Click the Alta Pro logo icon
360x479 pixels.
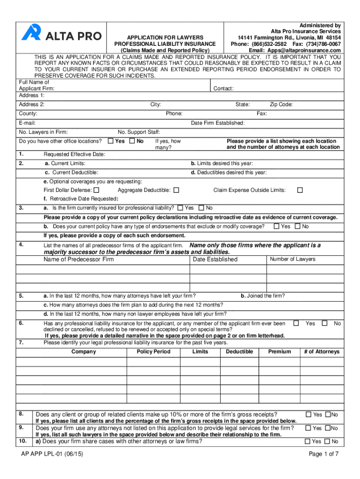click(30, 32)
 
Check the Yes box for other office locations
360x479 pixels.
click(110, 141)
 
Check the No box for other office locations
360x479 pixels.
click(132, 141)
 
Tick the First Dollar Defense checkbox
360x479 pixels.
click(96, 190)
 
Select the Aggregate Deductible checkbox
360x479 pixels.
click(176, 190)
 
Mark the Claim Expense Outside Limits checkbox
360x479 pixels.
click(300, 190)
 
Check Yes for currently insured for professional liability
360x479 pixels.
click(180, 208)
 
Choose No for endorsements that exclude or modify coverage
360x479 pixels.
click(298, 226)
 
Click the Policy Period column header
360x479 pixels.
click(154, 352)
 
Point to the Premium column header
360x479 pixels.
click(280, 352)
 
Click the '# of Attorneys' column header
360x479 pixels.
click(322, 352)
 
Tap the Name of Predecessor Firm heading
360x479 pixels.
click(79, 259)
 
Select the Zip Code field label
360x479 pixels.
click(281, 105)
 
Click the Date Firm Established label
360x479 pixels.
click(217, 123)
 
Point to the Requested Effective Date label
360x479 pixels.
click(74, 154)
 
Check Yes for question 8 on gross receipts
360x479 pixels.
click(309, 414)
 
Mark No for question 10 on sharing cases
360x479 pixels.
click(328, 441)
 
